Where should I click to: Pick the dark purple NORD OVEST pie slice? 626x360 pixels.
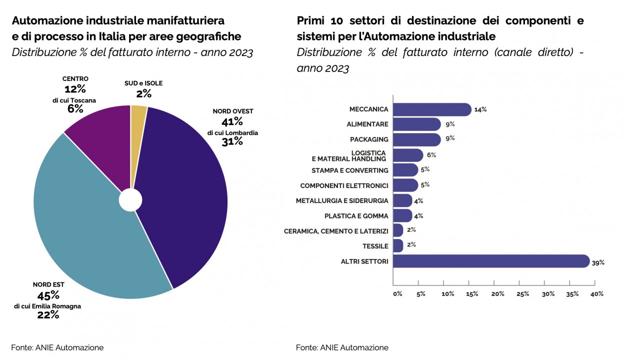pyautogui.click(x=185, y=190)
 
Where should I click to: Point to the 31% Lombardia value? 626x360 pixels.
pyautogui.click(x=232, y=141)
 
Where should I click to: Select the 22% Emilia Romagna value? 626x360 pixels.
pyautogui.click(x=48, y=314)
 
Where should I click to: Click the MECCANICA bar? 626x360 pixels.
pyautogui.click(x=432, y=109)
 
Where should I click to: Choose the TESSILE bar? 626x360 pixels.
pyautogui.click(x=398, y=246)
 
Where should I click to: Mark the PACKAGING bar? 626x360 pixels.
pyautogui.click(x=417, y=139)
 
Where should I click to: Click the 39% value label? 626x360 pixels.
pyautogui.click(x=598, y=262)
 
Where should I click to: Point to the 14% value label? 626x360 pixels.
pyautogui.click(x=480, y=109)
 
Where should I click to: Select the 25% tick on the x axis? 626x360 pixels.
pyautogui.click(x=522, y=294)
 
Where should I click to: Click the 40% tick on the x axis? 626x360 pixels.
pyautogui.click(x=597, y=294)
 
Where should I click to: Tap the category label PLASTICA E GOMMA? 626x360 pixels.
pyautogui.click(x=356, y=216)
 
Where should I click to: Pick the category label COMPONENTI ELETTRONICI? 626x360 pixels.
pyautogui.click(x=344, y=185)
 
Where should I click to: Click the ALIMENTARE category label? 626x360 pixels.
pyautogui.click(x=367, y=124)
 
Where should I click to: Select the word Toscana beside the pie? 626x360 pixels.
pyautogui.click(x=82, y=100)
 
